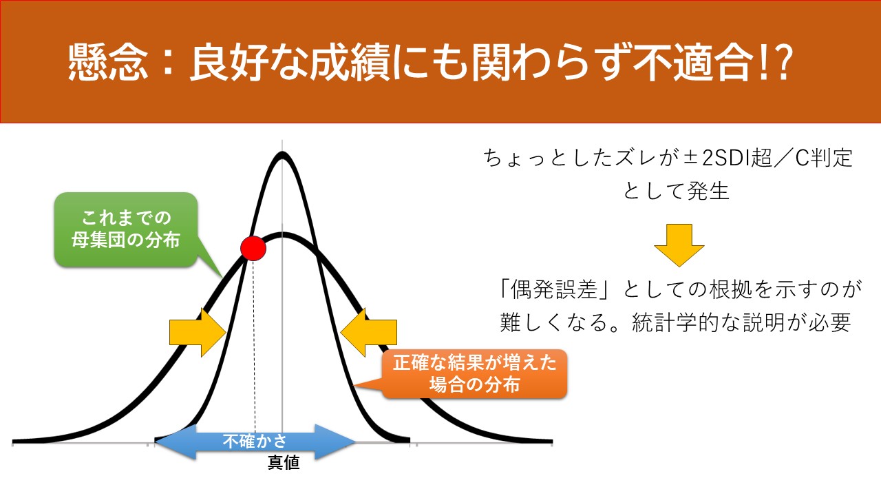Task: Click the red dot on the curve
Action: tap(253, 249)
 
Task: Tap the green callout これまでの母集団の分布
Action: tap(126, 229)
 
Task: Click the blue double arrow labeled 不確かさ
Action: tap(255, 442)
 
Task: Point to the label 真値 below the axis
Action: tap(284, 462)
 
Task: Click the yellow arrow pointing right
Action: tap(198, 332)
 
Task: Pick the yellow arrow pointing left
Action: tap(368, 332)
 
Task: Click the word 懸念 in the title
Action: tap(108, 62)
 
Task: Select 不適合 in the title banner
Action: tap(694, 62)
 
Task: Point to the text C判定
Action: tap(824, 158)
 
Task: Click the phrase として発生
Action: tap(676, 192)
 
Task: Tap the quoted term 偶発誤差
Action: tap(553, 289)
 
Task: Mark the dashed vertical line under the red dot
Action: tap(254, 347)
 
